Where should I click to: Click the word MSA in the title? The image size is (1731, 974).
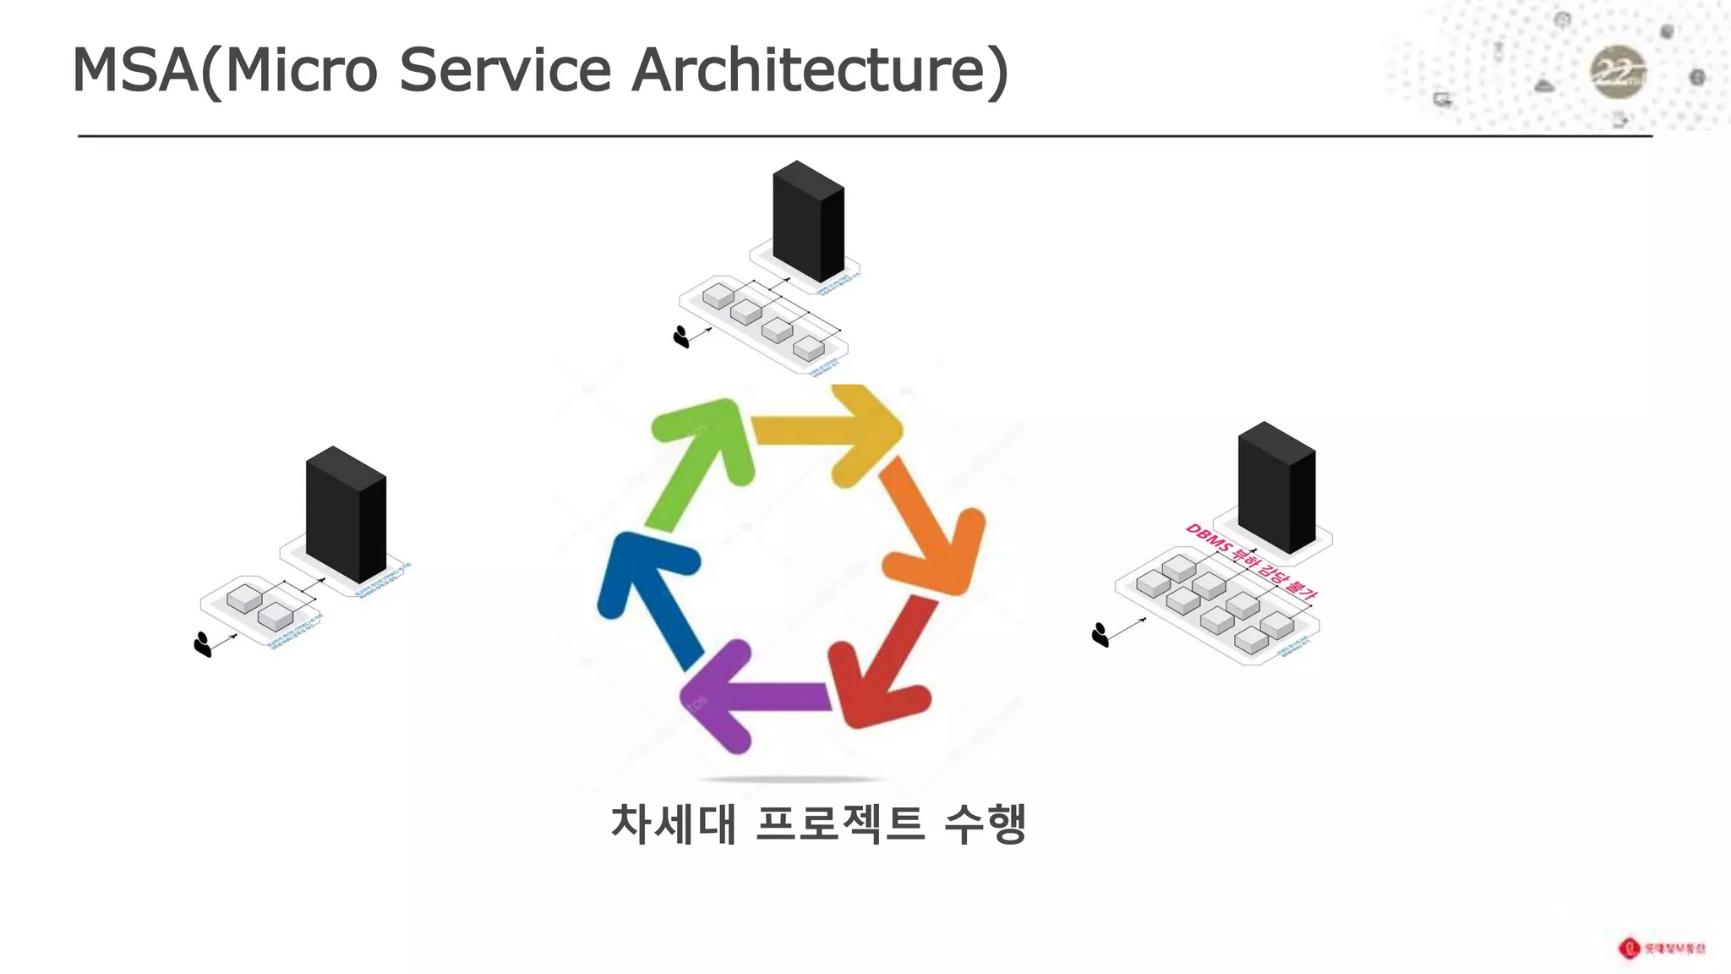tap(135, 70)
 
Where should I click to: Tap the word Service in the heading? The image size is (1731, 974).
tap(504, 70)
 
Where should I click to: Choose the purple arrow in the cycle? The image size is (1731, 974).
tap(752, 696)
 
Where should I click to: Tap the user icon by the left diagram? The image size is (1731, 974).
tap(202, 644)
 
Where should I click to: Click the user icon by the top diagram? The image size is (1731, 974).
tap(681, 337)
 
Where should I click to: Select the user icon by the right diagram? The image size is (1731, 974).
tap(1100, 635)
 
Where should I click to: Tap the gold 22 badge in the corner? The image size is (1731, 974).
tap(1618, 74)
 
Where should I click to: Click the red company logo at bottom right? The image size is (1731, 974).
tap(1629, 948)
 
